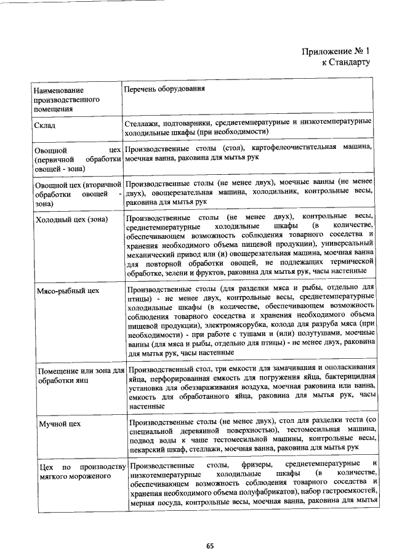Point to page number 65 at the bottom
click(x=210, y=545)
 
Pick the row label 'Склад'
click(x=46, y=126)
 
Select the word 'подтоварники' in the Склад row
click(x=196, y=122)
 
